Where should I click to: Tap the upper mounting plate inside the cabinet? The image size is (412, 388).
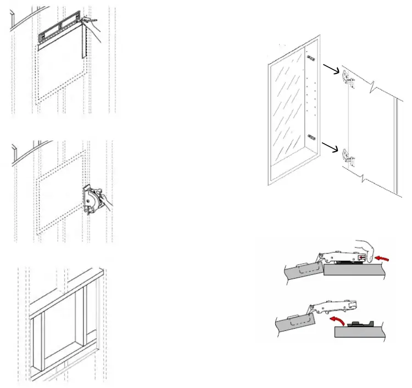pyautogui.click(x=311, y=57)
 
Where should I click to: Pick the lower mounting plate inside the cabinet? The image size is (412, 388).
pyautogui.click(x=311, y=136)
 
